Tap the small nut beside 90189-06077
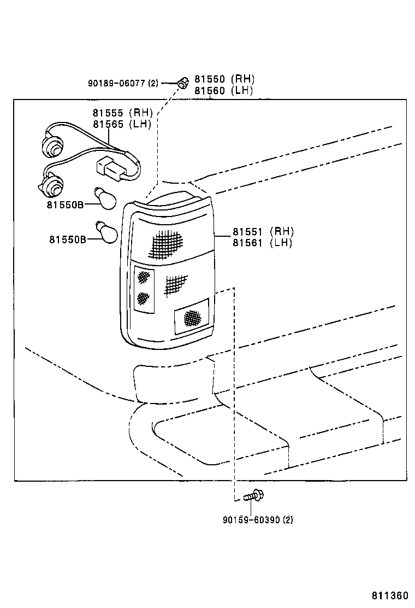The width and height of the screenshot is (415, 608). (x=183, y=83)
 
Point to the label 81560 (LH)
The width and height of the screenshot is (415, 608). (x=224, y=91)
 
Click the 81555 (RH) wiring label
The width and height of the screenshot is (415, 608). (x=122, y=113)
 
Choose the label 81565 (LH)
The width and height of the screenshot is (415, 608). (x=122, y=124)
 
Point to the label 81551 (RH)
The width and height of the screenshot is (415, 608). (x=263, y=231)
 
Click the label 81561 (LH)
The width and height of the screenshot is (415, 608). (x=263, y=242)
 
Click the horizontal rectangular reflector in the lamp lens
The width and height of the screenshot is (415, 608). (x=191, y=317)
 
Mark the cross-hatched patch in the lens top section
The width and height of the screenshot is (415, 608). (x=167, y=244)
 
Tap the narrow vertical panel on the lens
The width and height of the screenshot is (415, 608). (x=144, y=289)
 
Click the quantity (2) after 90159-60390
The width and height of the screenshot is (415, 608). (x=288, y=520)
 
